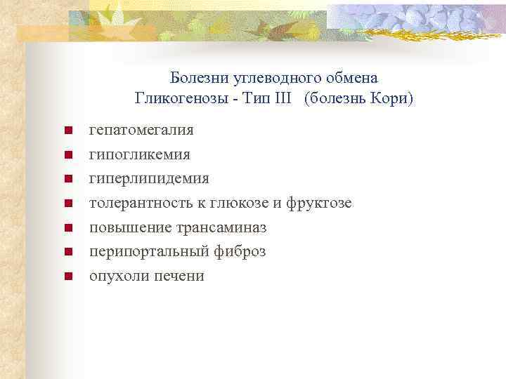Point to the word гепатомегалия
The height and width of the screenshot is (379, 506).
pyautogui.click(x=142, y=131)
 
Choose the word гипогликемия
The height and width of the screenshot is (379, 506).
pyautogui.click(x=139, y=154)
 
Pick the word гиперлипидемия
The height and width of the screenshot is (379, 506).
pyautogui.click(x=149, y=179)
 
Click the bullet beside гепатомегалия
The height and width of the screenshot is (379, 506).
pyautogui.click(x=68, y=131)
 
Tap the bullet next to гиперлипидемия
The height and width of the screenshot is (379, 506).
pyautogui.click(x=68, y=179)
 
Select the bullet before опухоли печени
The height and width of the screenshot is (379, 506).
pyautogui.click(x=68, y=276)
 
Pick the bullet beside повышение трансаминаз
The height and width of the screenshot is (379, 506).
pyautogui.click(x=68, y=227)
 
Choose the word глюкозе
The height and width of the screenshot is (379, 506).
pyautogui.click(x=245, y=203)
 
